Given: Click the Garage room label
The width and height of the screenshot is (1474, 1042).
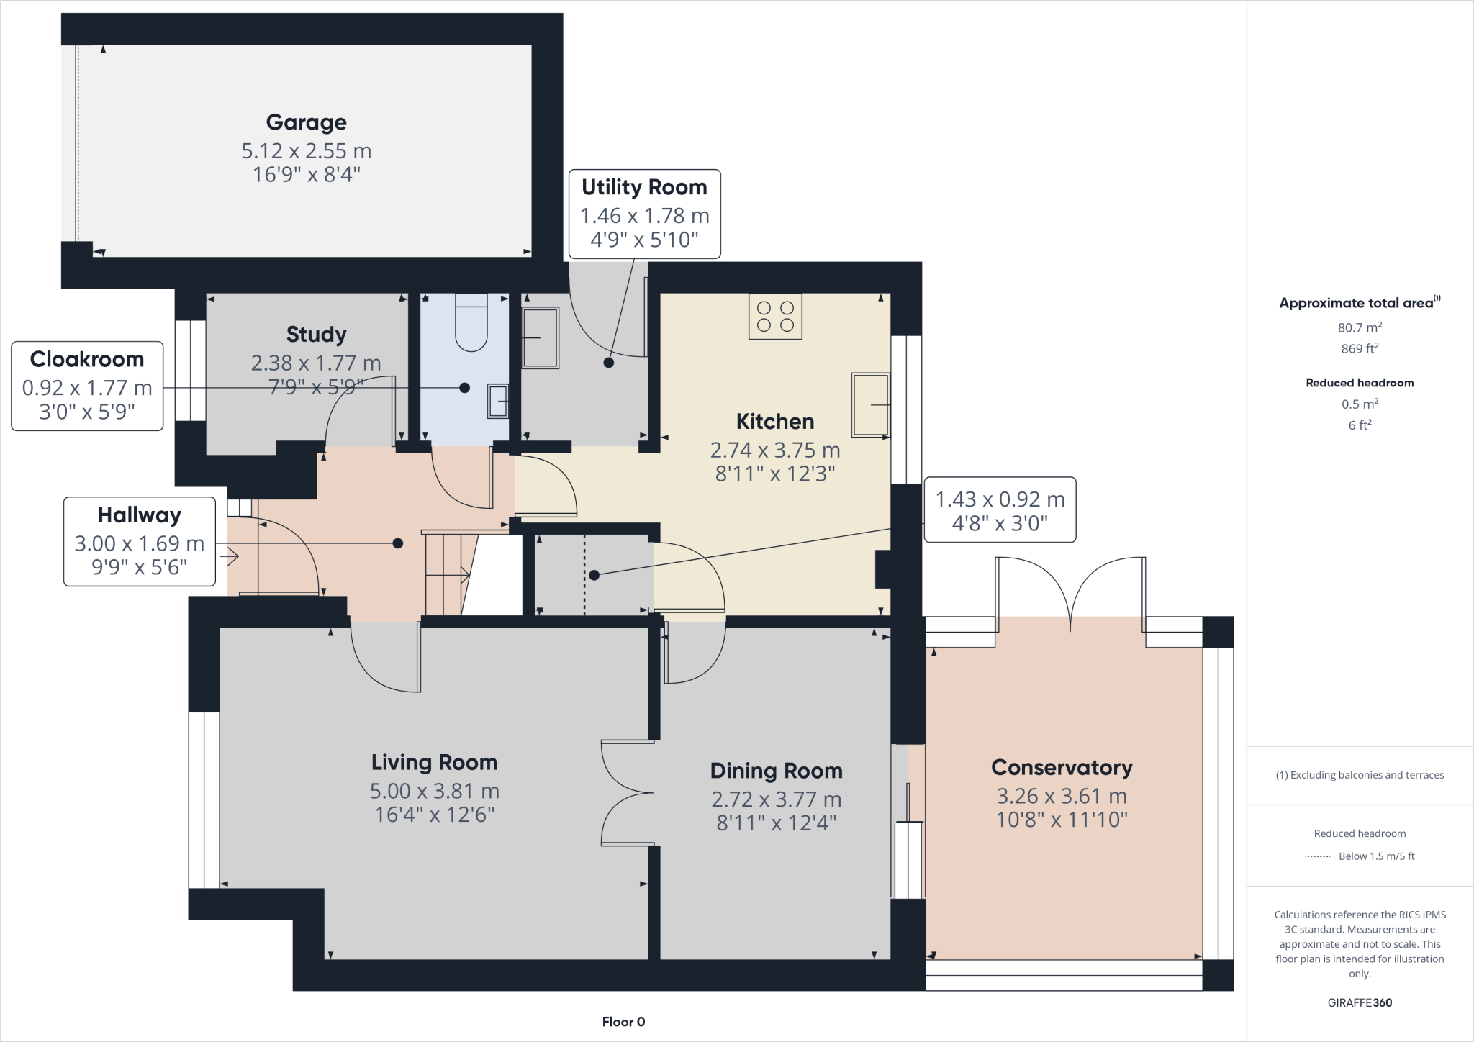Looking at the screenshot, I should pos(306,122).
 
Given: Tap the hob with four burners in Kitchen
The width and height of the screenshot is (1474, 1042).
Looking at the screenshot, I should pos(775,317).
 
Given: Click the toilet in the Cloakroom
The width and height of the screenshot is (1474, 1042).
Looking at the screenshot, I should pos(471,324).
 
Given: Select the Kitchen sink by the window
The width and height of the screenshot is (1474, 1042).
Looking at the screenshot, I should pos(870,404).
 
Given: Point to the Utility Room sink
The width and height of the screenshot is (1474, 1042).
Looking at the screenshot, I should pos(540,337).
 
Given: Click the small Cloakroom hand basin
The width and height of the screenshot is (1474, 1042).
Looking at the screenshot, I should pos(498,401).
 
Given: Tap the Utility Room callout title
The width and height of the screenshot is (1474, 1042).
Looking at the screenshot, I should pos(644,187).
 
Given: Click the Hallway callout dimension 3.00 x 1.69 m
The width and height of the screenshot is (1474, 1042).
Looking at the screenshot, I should pos(140,543).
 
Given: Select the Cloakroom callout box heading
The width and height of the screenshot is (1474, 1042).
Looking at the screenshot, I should pos(87,359).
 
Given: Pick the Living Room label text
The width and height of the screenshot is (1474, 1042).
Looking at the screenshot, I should pos(434,762).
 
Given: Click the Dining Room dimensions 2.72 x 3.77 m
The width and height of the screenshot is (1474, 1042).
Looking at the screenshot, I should pos(776,799).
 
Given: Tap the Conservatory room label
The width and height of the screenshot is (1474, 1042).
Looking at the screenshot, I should pos(1062,768).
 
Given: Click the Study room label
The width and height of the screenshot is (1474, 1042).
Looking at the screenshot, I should pos(316,335).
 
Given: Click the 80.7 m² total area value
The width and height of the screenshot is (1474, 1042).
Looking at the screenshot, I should pos(1360,327).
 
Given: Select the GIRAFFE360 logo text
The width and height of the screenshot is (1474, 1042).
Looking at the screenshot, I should pos(1360,1002).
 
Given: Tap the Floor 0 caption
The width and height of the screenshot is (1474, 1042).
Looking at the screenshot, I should pos(623,1022).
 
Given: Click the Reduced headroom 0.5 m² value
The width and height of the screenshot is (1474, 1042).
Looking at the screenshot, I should pos(1360,404).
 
